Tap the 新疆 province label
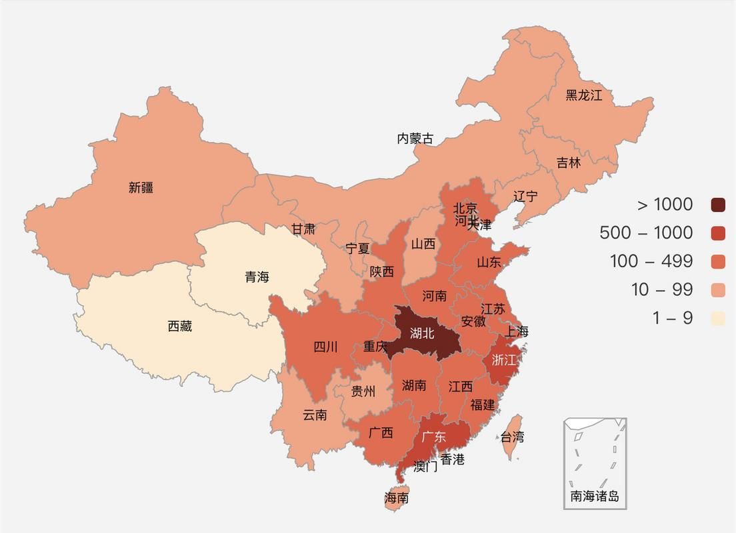click(x=141, y=188)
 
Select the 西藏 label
click(x=179, y=326)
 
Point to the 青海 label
click(x=257, y=277)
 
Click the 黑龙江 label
click(x=583, y=95)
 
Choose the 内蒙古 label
click(x=415, y=139)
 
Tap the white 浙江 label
click(x=504, y=360)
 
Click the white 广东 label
click(x=433, y=438)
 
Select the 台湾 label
click(x=512, y=437)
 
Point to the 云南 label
click(x=315, y=415)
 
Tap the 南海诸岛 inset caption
click(x=595, y=496)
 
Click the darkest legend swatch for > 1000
click(x=718, y=205)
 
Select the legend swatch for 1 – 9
click(x=718, y=318)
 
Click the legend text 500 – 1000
click(x=646, y=233)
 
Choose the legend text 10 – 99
click(x=663, y=290)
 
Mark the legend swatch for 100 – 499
click(x=718, y=262)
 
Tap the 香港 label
click(x=452, y=460)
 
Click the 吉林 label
click(x=569, y=163)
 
